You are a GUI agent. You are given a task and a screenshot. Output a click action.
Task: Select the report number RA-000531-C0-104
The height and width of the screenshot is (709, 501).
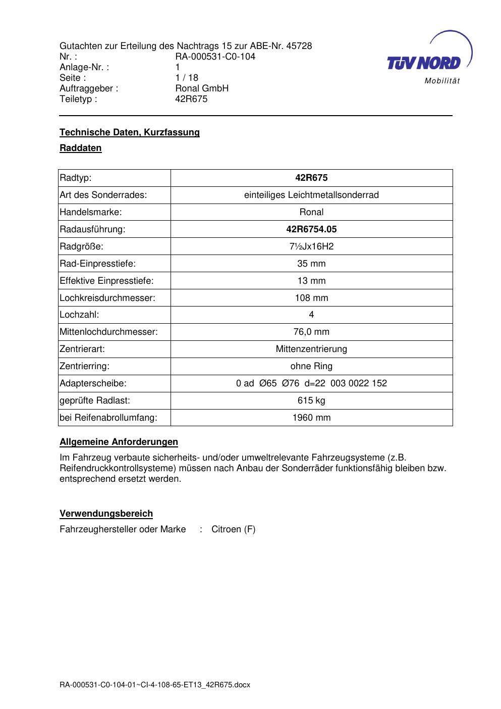click(215, 57)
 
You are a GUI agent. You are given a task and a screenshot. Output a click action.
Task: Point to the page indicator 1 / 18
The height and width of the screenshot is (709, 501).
click(187, 78)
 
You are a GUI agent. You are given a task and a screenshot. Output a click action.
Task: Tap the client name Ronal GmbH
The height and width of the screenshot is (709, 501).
click(202, 88)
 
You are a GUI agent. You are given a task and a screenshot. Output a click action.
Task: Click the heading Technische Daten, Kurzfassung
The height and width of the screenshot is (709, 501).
click(130, 132)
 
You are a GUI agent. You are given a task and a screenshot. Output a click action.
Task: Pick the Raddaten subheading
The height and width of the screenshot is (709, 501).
click(81, 148)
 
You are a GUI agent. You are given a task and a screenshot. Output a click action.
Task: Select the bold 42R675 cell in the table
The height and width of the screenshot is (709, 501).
click(311, 178)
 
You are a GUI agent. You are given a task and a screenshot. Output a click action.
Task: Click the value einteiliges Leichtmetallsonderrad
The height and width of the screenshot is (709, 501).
click(311, 195)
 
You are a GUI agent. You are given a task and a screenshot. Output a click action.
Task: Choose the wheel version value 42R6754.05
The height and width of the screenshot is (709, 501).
click(311, 229)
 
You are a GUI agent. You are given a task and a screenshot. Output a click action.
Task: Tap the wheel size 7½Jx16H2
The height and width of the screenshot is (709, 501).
click(311, 246)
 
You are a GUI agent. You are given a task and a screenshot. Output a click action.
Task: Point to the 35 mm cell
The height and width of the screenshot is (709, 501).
click(311, 264)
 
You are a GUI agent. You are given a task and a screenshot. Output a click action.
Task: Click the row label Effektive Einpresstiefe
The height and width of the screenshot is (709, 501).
click(106, 281)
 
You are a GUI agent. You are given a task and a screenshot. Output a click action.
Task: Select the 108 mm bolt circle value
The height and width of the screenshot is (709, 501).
click(311, 298)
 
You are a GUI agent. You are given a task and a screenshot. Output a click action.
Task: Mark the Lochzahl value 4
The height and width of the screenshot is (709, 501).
click(311, 315)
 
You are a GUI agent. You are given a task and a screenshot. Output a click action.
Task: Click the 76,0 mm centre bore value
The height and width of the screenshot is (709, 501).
click(311, 332)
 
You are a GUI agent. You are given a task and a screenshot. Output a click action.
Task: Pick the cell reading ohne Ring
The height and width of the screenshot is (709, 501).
click(311, 366)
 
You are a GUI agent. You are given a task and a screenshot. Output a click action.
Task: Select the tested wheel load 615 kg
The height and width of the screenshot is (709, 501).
click(311, 400)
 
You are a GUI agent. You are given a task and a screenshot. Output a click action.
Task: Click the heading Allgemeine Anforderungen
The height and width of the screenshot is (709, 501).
click(119, 442)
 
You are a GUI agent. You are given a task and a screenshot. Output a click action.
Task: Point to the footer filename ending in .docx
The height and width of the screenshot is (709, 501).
click(155, 685)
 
